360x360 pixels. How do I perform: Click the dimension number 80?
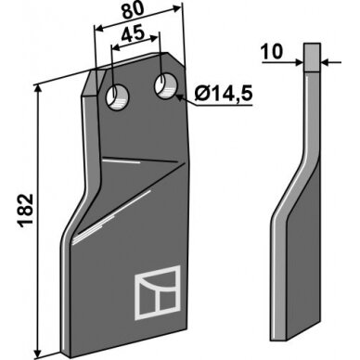[x=133, y=11]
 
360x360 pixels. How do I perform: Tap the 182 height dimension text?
[x=26, y=211]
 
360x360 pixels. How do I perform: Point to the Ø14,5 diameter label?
[x=224, y=94]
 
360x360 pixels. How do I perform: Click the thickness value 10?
[x=271, y=52]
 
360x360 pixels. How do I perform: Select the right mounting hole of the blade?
[x=166, y=86]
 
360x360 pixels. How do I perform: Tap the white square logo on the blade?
[x=158, y=292]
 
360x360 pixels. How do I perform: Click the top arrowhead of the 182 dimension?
[x=37, y=90]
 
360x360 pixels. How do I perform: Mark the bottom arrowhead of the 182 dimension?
[x=38, y=351]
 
